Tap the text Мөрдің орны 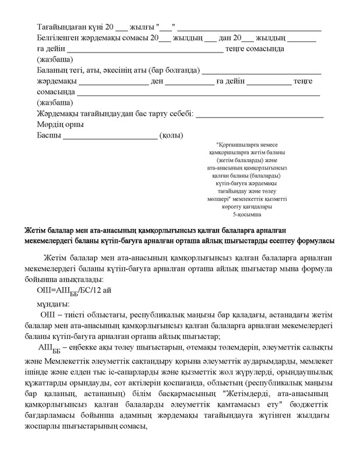coord(60,125)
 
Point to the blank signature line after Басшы coord(110,137)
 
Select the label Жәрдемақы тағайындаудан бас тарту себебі coord(115,114)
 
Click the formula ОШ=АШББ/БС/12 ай coord(73,292)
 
